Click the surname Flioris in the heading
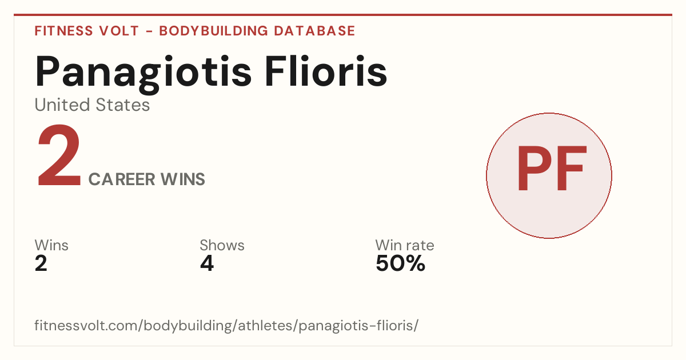tap(326, 70)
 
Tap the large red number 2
tap(59, 155)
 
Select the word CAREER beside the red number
tap(122, 179)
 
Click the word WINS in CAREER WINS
tap(183, 179)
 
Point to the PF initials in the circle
tap(552, 168)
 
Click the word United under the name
tap(62, 105)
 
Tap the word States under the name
tap(123, 105)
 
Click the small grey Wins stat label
tap(51, 245)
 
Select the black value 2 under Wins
tap(41, 263)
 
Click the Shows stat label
tap(222, 245)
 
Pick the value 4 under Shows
tap(207, 263)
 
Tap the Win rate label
tap(405, 245)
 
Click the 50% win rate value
tap(401, 263)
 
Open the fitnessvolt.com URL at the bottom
tap(226, 326)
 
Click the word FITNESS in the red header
tap(63, 31)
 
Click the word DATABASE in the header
tap(314, 31)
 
